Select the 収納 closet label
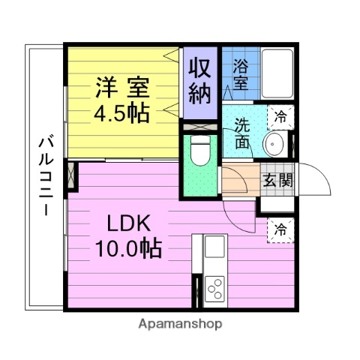pyautogui.click(x=201, y=81)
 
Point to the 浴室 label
pyautogui.click(x=241, y=74)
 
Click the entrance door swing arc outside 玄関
pyautogui.click(x=315, y=180)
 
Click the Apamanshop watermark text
pyautogui.click(x=180, y=325)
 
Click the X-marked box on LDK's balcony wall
pyautogui.click(x=72, y=177)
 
